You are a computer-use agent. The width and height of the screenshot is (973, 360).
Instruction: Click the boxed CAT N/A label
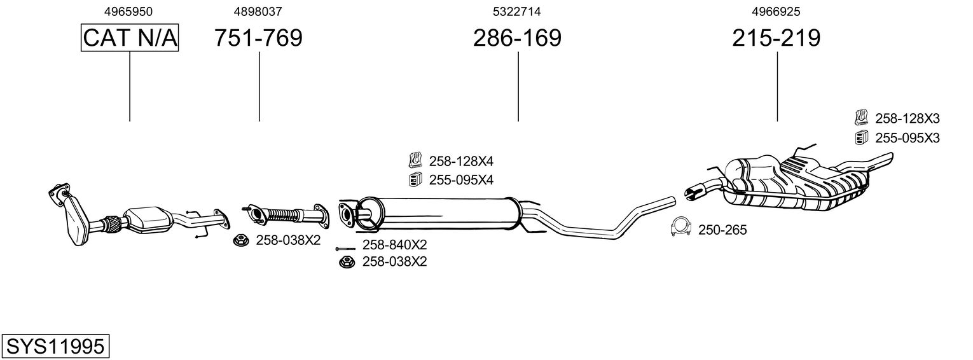[x=130, y=38]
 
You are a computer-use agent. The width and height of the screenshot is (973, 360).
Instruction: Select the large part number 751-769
[x=258, y=38]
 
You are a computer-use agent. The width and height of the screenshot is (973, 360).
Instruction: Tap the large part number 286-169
[x=517, y=38]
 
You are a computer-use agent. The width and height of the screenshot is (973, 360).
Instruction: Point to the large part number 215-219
[x=776, y=38]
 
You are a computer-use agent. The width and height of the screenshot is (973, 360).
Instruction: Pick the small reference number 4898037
[x=258, y=11]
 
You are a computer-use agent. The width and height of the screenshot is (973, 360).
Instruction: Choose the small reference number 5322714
[x=517, y=11]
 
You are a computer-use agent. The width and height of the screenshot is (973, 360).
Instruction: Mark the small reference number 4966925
[x=776, y=11]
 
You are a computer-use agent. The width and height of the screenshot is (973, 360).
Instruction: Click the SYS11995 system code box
[x=55, y=347]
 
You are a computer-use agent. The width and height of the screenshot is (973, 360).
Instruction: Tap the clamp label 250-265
[x=722, y=230]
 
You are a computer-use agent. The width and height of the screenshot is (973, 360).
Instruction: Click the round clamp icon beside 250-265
[x=682, y=227]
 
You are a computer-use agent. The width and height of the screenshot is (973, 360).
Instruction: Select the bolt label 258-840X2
[x=394, y=245]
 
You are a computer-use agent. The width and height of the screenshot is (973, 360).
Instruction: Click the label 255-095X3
[x=907, y=137]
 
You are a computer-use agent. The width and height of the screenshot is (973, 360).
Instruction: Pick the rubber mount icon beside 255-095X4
[x=414, y=180]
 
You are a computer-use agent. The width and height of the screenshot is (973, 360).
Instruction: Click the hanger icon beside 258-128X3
[x=861, y=117]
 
